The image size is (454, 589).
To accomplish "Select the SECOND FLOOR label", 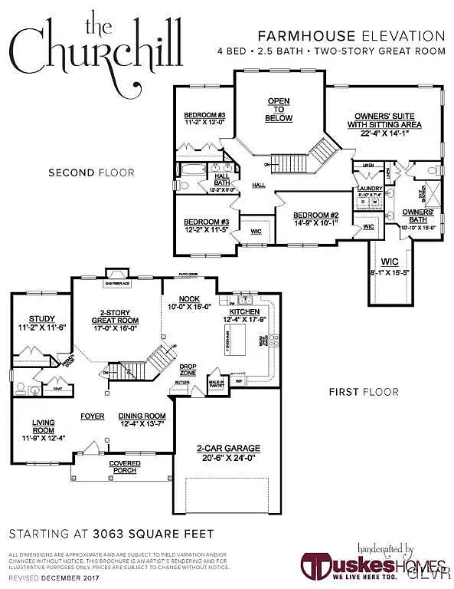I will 91,173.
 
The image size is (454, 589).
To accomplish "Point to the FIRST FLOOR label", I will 364,392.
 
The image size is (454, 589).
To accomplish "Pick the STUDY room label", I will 38,318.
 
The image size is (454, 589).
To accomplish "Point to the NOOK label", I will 189,298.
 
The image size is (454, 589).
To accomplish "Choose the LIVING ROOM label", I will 42,426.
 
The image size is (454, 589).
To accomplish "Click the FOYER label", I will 92,416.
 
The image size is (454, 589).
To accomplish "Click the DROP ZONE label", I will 188,370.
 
